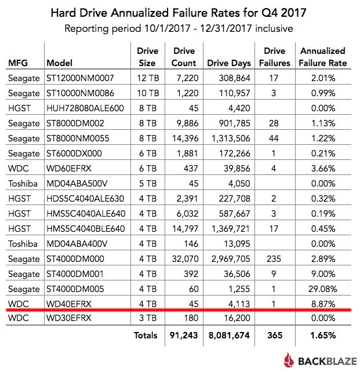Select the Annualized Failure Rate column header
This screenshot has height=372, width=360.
click(323, 57)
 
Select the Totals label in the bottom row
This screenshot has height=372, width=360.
click(145, 335)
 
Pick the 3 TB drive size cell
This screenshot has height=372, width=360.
click(147, 319)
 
